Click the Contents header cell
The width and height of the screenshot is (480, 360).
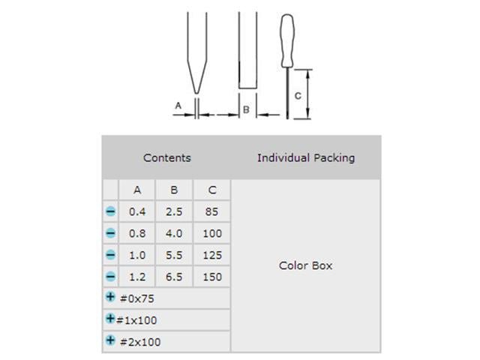click(x=166, y=157)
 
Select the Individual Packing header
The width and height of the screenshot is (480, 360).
click(x=306, y=157)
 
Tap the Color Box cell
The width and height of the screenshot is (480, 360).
click(x=306, y=265)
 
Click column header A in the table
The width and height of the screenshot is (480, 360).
click(x=137, y=190)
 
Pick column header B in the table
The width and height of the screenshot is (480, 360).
click(x=174, y=190)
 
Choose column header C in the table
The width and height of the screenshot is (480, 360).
click(x=212, y=190)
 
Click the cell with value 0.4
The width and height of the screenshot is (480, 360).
click(x=137, y=212)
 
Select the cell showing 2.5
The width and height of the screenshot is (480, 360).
click(x=174, y=212)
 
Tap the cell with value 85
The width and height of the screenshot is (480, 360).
click(x=212, y=212)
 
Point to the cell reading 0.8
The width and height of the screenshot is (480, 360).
click(x=137, y=233)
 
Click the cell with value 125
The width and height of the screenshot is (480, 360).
click(x=212, y=255)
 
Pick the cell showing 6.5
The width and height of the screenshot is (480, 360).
click(x=174, y=277)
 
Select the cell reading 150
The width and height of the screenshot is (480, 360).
click(x=212, y=277)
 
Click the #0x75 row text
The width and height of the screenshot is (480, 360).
click(x=135, y=298)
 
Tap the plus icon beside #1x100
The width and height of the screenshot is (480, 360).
click(x=110, y=319)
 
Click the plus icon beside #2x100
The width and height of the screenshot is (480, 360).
click(x=110, y=340)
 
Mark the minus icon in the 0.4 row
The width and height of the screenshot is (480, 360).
click(x=110, y=212)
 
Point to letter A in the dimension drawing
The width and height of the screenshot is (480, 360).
click(x=178, y=106)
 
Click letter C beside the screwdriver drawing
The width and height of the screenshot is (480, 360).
click(x=298, y=95)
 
